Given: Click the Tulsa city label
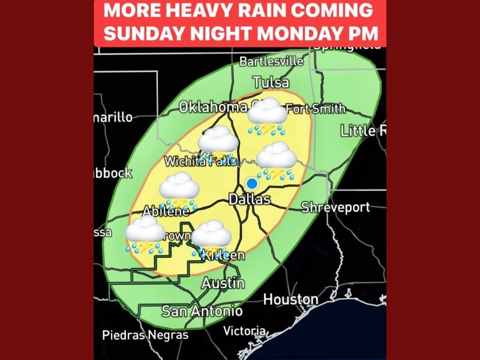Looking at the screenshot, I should (x=271, y=82).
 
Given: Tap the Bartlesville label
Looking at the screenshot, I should (x=271, y=61).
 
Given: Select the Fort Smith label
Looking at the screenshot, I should (x=316, y=109).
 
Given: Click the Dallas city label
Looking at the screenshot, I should (x=250, y=199).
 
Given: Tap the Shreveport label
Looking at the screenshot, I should (x=335, y=207).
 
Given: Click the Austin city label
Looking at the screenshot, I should (x=223, y=283).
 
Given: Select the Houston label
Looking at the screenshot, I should (x=291, y=299).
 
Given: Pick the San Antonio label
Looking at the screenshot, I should (x=202, y=311).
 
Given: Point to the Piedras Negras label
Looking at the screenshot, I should (x=145, y=335).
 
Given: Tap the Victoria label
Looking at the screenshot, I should (x=244, y=331).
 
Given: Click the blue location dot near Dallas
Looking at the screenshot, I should (x=252, y=183).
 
